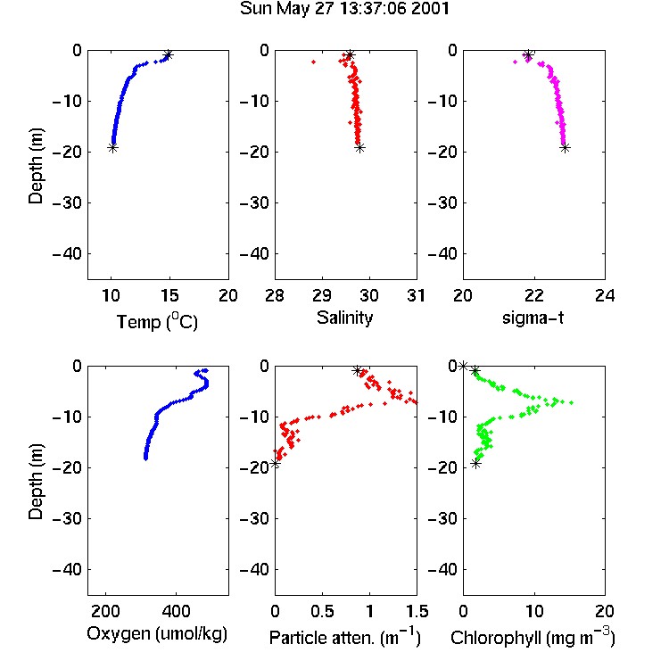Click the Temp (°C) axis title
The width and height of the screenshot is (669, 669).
pyautogui.click(x=157, y=321)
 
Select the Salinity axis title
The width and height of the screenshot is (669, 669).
pyautogui.click(x=344, y=318)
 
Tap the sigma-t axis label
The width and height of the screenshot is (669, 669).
pyautogui.click(x=533, y=318)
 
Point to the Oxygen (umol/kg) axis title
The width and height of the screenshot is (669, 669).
pyautogui.click(x=157, y=634)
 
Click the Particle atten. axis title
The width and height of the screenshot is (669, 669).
pyautogui.click(x=345, y=637)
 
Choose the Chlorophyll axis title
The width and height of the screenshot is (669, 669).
pyautogui.click(x=533, y=637)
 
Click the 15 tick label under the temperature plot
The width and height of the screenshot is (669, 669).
pyautogui.click(x=169, y=295)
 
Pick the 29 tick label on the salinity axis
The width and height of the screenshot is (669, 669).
pyautogui.click(x=322, y=295)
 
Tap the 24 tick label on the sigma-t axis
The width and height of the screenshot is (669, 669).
pyautogui.click(x=605, y=295)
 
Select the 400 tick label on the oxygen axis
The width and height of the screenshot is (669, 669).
pyautogui.click(x=176, y=611)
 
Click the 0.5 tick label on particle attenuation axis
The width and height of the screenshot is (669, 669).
pyautogui.click(x=322, y=611)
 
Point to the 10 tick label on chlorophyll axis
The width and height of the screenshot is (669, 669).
pyautogui.click(x=534, y=611)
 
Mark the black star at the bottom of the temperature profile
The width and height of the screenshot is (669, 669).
pyautogui.click(x=112, y=148)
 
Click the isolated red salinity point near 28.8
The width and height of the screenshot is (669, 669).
pyautogui.click(x=314, y=62)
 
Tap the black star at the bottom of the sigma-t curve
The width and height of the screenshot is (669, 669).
pyautogui.click(x=566, y=148)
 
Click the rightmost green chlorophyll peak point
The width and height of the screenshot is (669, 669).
pyautogui.click(x=571, y=402)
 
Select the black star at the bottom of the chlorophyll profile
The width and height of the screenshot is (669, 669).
pyautogui.click(x=475, y=463)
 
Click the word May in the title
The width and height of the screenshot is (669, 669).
pyautogui.click(x=293, y=10)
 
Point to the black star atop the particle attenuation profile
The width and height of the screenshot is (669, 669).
pyautogui.click(x=358, y=370)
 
